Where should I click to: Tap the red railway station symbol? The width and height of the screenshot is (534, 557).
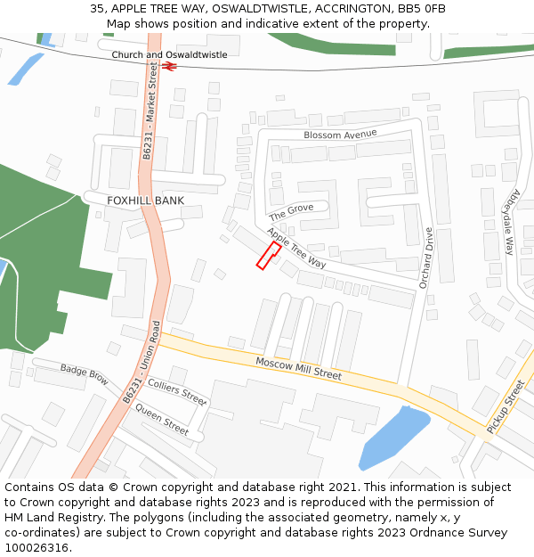(169, 65)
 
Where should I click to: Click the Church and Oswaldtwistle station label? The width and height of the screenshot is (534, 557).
(169, 55)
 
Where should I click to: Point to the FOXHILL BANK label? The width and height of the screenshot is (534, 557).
(145, 201)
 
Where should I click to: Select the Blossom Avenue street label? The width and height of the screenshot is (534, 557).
(340, 135)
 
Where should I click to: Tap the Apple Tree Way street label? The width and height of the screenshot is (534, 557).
(296, 249)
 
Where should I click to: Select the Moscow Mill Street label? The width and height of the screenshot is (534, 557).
(298, 369)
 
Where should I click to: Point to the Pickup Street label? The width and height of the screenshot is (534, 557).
(506, 407)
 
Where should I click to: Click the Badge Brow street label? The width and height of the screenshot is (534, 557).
(85, 375)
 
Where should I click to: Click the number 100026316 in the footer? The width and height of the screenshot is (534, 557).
(36, 548)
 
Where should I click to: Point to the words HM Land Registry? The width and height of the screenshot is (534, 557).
(49, 518)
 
